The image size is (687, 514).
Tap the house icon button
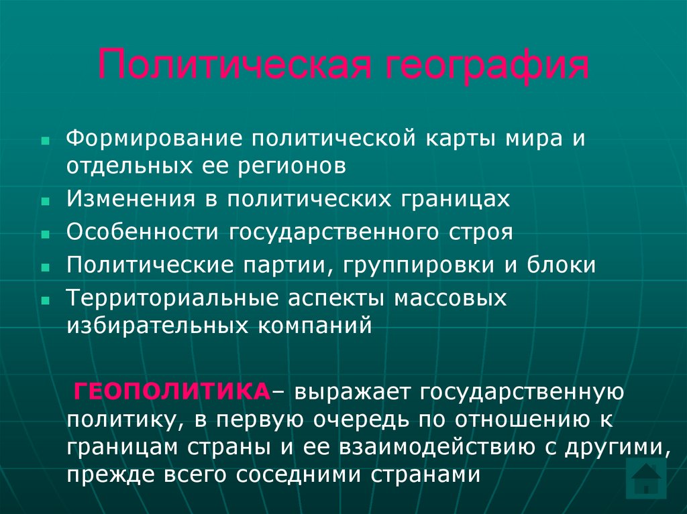coord(645,478)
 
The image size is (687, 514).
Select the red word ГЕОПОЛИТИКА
coord(171,391)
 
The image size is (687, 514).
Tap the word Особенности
coord(143,232)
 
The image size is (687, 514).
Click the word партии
coord(290,265)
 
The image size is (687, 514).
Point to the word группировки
coord(419,265)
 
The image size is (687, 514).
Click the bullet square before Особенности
coord(45,234)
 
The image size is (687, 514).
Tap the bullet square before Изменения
coord(45,201)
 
